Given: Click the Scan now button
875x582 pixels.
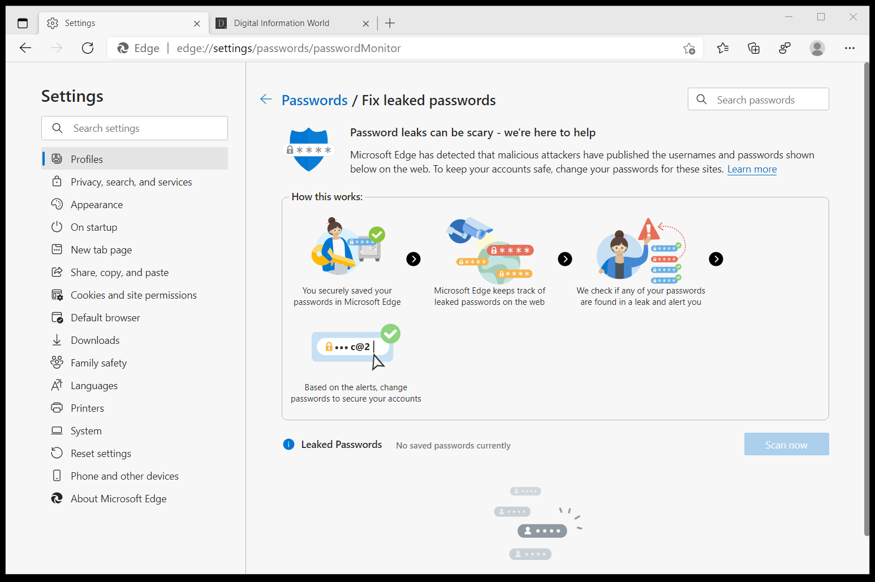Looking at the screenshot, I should [786, 445].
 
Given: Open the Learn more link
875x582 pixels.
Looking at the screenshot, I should [752, 169].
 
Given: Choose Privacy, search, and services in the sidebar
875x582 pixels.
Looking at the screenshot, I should [131, 182].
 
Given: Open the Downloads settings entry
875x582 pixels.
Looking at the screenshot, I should [95, 340].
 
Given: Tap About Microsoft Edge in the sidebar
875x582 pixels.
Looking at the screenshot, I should [118, 499].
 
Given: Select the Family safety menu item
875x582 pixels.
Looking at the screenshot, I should [98, 363].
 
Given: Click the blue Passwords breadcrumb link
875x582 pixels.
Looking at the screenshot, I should [314, 101].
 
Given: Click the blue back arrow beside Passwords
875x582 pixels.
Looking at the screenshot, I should [266, 100].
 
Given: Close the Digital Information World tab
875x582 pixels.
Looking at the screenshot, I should [366, 24].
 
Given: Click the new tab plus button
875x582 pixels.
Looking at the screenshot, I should [390, 23].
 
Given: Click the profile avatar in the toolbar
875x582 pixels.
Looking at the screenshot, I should [817, 48].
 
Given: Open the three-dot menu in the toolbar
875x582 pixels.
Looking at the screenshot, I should [850, 48].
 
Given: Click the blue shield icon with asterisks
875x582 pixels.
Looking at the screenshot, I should [309, 149].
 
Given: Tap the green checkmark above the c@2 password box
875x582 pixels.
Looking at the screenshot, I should [390, 334].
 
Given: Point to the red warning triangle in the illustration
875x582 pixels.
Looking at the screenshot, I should [648, 229].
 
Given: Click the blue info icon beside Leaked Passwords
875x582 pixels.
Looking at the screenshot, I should [288, 445].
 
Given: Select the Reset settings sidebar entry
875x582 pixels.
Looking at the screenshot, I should [101, 454].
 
